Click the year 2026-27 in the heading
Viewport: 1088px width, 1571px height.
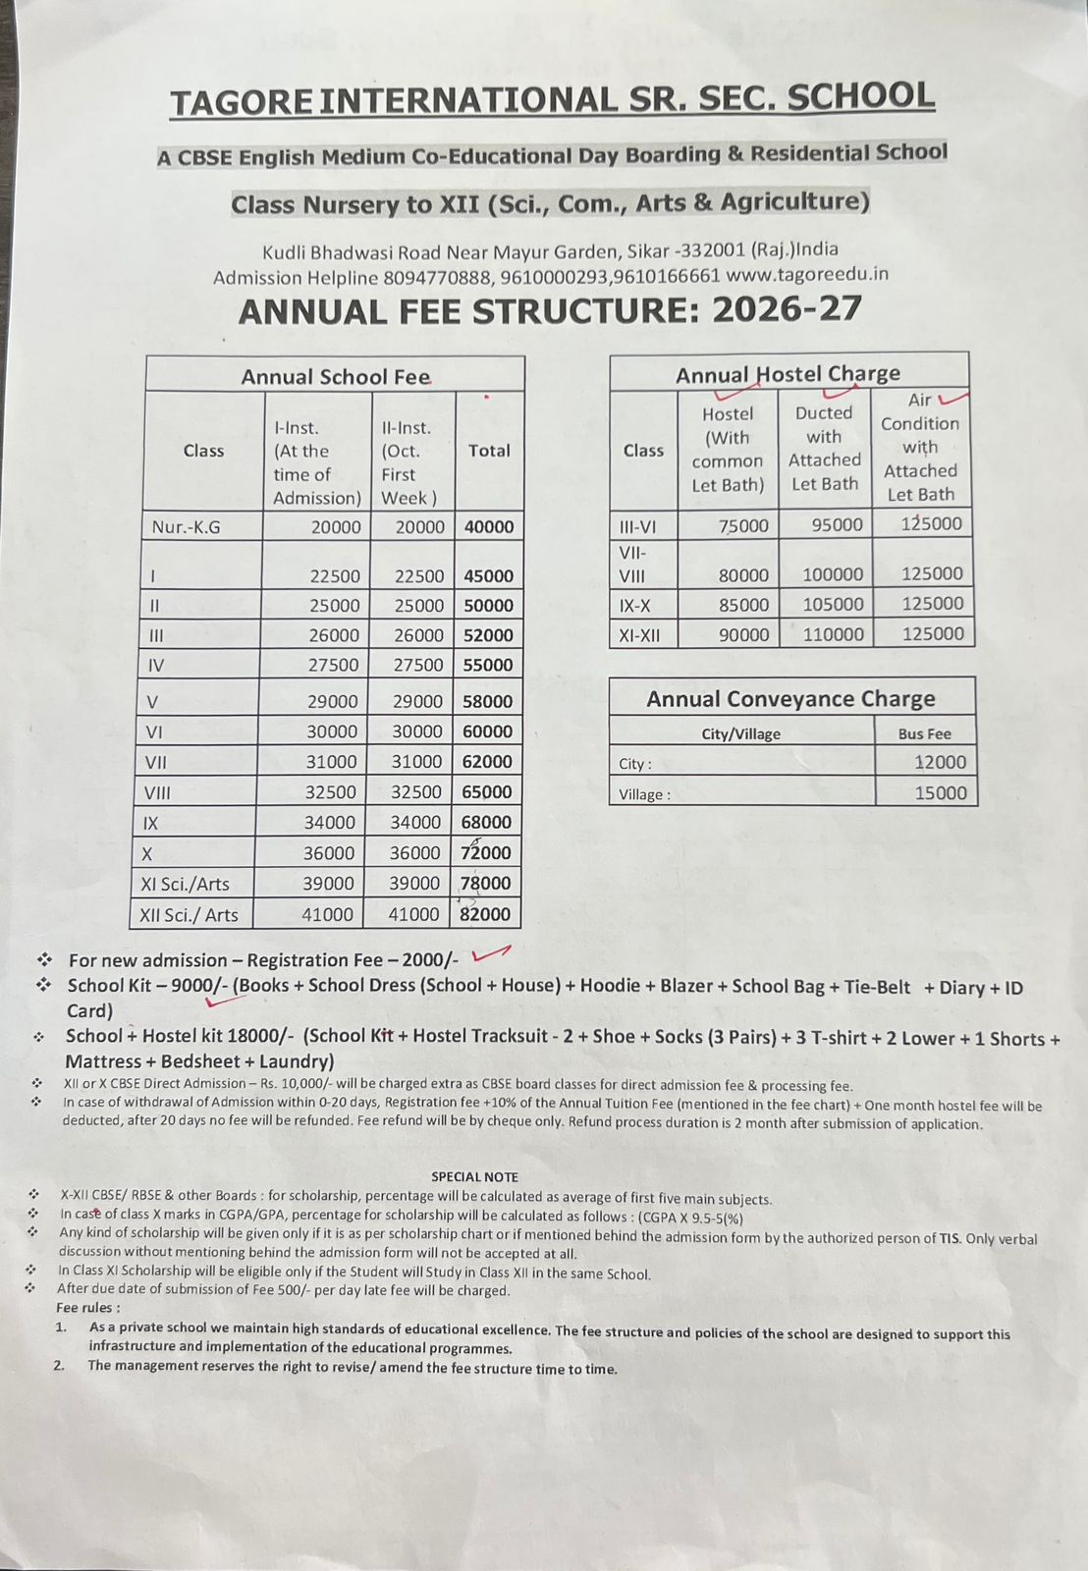click(x=787, y=309)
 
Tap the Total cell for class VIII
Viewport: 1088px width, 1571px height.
click(x=487, y=791)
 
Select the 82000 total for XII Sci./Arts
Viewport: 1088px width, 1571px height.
click(x=485, y=914)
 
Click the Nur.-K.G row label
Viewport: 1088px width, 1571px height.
click(x=187, y=527)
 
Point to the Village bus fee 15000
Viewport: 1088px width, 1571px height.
click(x=941, y=792)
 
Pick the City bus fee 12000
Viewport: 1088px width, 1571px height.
click(x=940, y=762)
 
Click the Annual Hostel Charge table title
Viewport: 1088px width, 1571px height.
click(x=788, y=374)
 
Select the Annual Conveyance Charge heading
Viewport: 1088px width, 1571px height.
click(x=790, y=699)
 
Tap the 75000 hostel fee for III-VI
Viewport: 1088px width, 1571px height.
click(x=743, y=525)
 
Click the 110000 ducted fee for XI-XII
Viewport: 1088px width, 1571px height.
click(x=833, y=634)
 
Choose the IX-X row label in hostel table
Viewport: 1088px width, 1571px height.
click(x=635, y=606)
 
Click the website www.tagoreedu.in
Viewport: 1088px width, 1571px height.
click(x=807, y=274)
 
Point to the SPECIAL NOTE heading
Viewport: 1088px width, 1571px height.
click(x=474, y=1176)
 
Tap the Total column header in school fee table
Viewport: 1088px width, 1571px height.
click(x=489, y=451)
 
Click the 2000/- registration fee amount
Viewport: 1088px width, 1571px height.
click(x=429, y=960)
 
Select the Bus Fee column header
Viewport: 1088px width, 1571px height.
click(x=924, y=733)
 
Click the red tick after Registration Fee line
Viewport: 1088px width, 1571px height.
click(x=491, y=952)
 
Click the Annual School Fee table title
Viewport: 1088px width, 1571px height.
click(x=335, y=377)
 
